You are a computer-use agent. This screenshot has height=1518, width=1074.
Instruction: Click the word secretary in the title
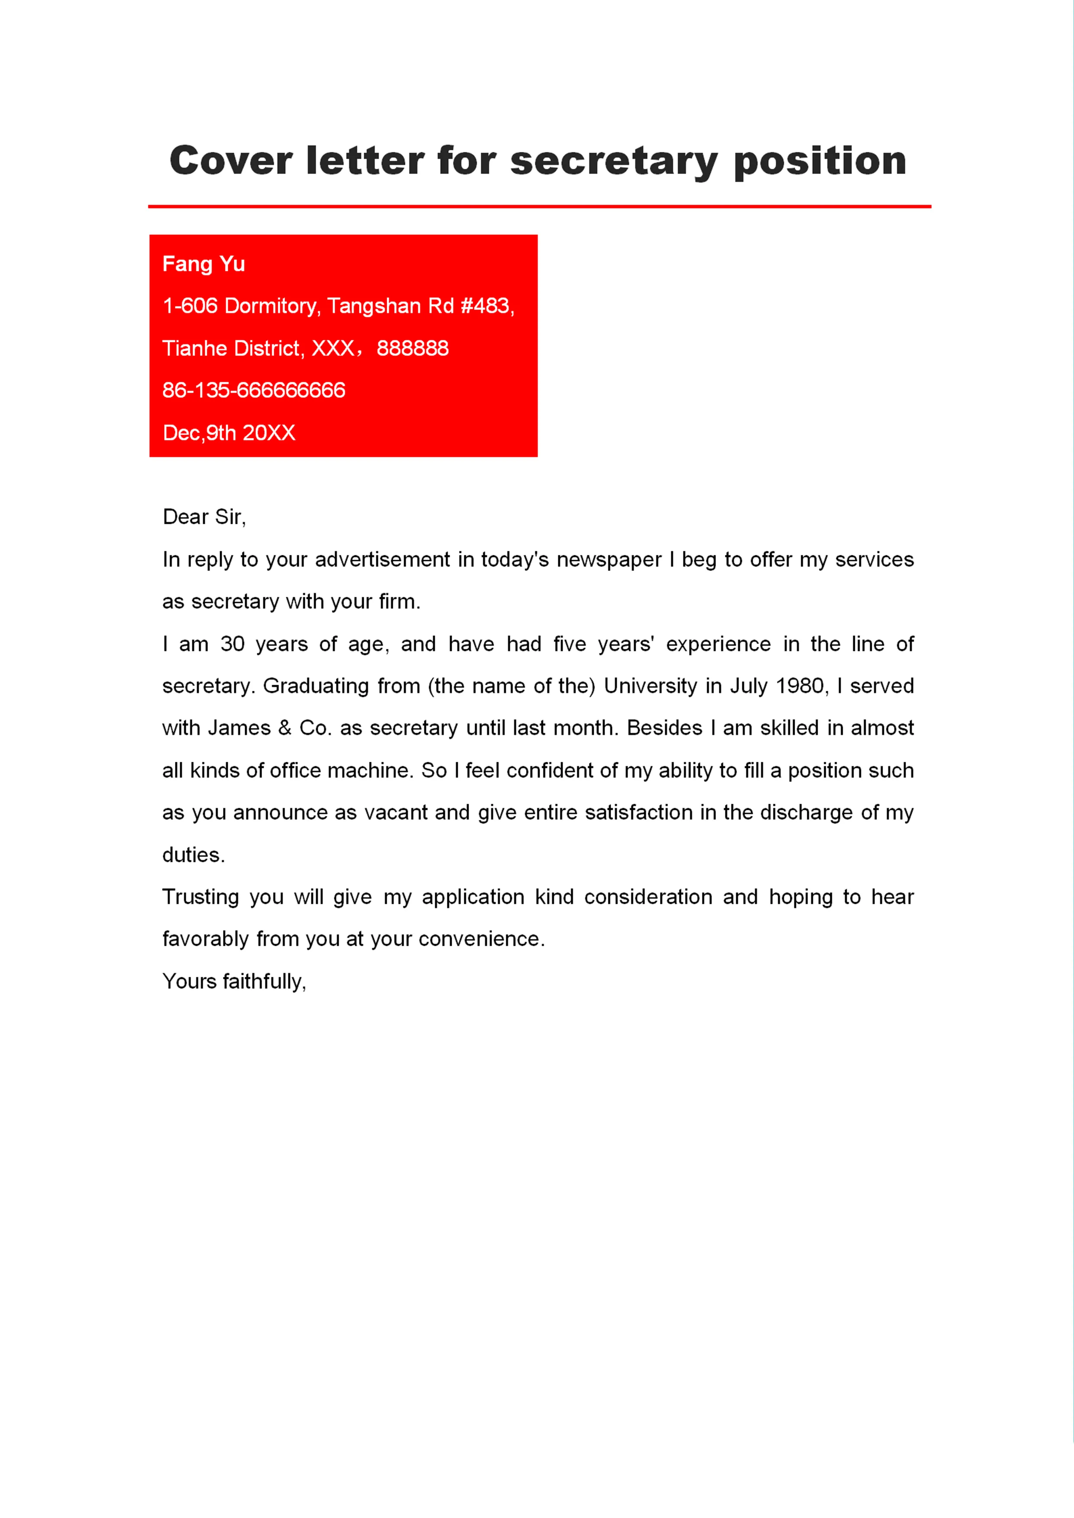coord(614,162)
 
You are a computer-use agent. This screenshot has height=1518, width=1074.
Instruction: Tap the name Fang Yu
coord(204,264)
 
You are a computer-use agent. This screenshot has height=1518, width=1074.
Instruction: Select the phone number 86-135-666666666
coord(254,390)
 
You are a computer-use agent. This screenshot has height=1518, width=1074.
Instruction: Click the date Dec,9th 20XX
coord(229,433)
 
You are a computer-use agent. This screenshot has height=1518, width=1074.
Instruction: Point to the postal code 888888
coord(413,348)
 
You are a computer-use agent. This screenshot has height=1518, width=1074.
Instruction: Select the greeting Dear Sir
coord(204,517)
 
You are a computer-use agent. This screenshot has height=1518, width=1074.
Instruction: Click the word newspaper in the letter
coord(608,560)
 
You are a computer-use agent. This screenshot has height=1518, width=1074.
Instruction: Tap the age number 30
coord(232,644)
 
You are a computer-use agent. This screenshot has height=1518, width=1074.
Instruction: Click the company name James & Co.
coord(269,728)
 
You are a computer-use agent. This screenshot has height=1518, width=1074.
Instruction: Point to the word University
coord(650,686)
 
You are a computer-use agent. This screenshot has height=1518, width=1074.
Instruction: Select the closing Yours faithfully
coord(234,981)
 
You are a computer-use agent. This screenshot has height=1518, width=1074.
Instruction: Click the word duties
coord(193,855)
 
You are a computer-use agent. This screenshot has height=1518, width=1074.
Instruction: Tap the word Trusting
coord(201,897)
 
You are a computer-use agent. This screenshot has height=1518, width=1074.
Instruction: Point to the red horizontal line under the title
coord(539,206)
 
